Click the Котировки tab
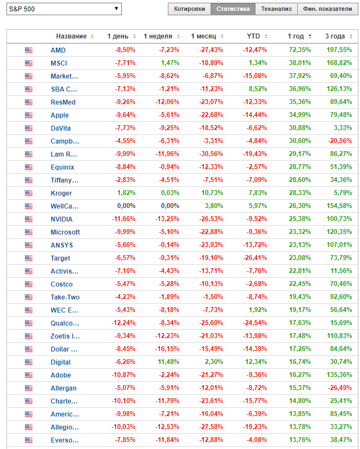(189, 9)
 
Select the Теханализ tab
(276, 9)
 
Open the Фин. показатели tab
(327, 9)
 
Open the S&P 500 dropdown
(64, 9)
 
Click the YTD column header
(253, 36)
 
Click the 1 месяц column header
(204, 36)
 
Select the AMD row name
(58, 50)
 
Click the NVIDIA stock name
(61, 219)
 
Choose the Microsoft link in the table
(65, 232)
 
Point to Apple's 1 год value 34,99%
(299, 115)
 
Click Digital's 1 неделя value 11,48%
(168, 362)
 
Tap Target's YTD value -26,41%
(253, 258)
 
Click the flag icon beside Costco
(29, 284)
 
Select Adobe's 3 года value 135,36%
(338, 375)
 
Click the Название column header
(71, 36)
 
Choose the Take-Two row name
(64, 297)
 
